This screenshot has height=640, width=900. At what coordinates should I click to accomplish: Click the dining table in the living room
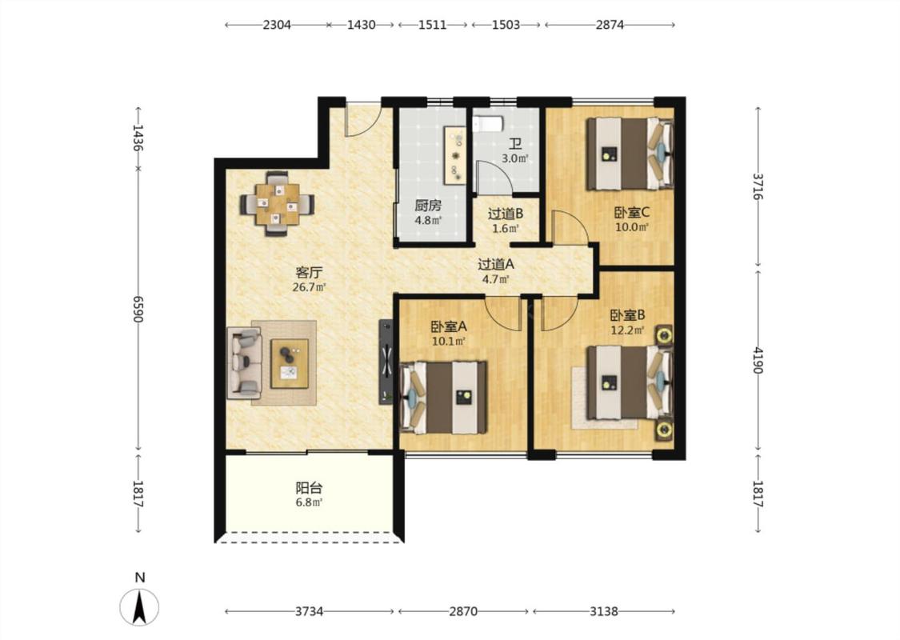point(278,204)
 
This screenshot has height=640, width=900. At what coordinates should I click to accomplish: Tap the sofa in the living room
point(245,362)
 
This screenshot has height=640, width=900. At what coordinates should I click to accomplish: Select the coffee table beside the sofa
point(290,363)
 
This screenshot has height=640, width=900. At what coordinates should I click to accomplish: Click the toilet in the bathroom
point(488,124)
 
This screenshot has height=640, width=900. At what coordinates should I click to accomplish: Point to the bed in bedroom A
point(443,398)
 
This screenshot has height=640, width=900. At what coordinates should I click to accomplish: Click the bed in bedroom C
point(629,154)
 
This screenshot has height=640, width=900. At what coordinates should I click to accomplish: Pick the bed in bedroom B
point(629,382)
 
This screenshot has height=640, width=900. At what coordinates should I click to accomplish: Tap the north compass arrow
point(139,608)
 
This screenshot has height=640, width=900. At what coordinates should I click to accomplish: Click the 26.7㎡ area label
point(309,287)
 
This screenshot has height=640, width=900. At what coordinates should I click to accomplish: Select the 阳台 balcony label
point(309,488)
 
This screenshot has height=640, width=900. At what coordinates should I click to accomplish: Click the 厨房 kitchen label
point(428,206)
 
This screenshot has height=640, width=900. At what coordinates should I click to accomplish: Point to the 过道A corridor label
point(496,265)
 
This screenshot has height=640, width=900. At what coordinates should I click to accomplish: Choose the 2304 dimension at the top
point(278,25)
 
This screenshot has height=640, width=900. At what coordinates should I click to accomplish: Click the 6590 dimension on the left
point(138,310)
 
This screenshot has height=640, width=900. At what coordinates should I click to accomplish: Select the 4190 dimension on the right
point(758,360)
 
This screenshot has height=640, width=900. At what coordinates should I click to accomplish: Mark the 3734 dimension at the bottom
point(310,611)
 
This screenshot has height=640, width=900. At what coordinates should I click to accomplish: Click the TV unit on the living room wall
point(386,362)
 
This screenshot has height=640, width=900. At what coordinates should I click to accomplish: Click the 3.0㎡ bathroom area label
point(514,159)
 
